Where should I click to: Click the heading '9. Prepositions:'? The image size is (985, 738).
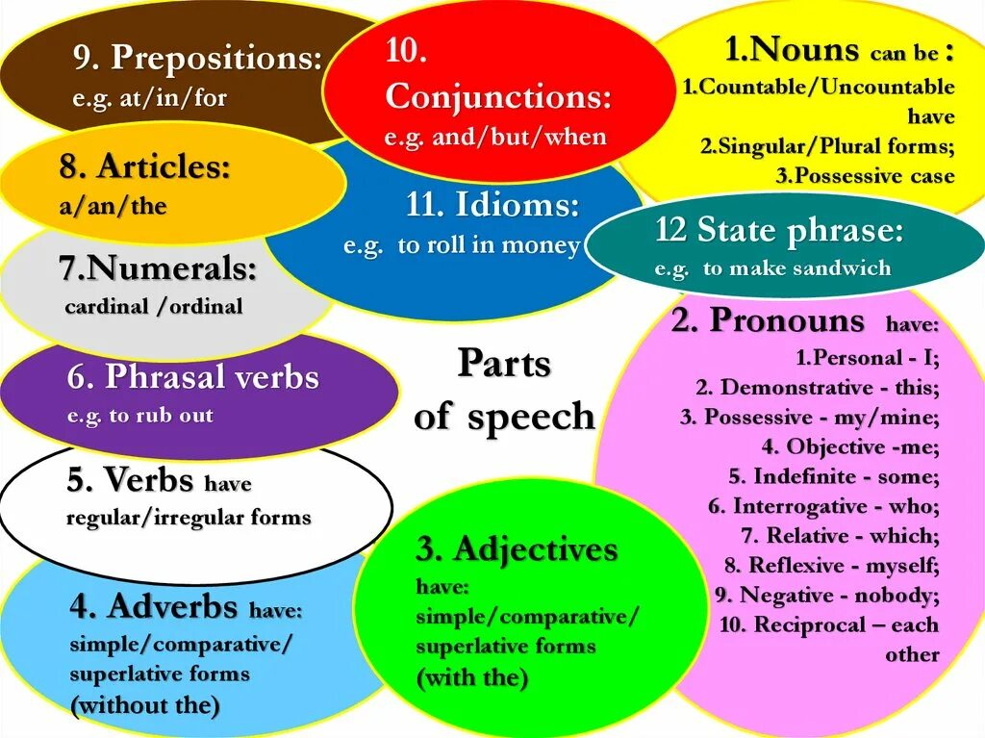click(197, 60)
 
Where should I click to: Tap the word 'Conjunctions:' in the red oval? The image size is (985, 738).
click(498, 97)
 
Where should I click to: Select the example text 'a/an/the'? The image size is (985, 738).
click(114, 207)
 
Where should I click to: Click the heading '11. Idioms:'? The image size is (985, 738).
click(492, 206)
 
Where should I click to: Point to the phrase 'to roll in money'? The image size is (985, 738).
click(489, 246)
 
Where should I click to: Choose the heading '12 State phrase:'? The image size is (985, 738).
click(779, 232)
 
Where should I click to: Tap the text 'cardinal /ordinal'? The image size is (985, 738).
click(154, 307)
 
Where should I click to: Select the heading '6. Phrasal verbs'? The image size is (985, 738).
click(192, 377)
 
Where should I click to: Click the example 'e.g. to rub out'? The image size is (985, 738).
click(140, 417)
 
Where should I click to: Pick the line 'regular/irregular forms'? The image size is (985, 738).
click(189, 518)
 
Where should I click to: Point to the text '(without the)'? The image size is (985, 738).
click(145, 705)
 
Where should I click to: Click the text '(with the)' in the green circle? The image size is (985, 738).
click(472, 677)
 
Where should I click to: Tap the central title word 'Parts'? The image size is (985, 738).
click(504, 364)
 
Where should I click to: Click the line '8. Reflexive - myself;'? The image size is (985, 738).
click(832, 566)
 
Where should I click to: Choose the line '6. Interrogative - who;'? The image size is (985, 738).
click(823, 506)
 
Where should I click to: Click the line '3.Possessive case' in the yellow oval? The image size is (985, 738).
click(865, 176)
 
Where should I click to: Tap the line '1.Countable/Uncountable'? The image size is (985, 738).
click(819, 88)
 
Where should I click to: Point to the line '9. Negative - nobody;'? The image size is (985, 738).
click(826, 596)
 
